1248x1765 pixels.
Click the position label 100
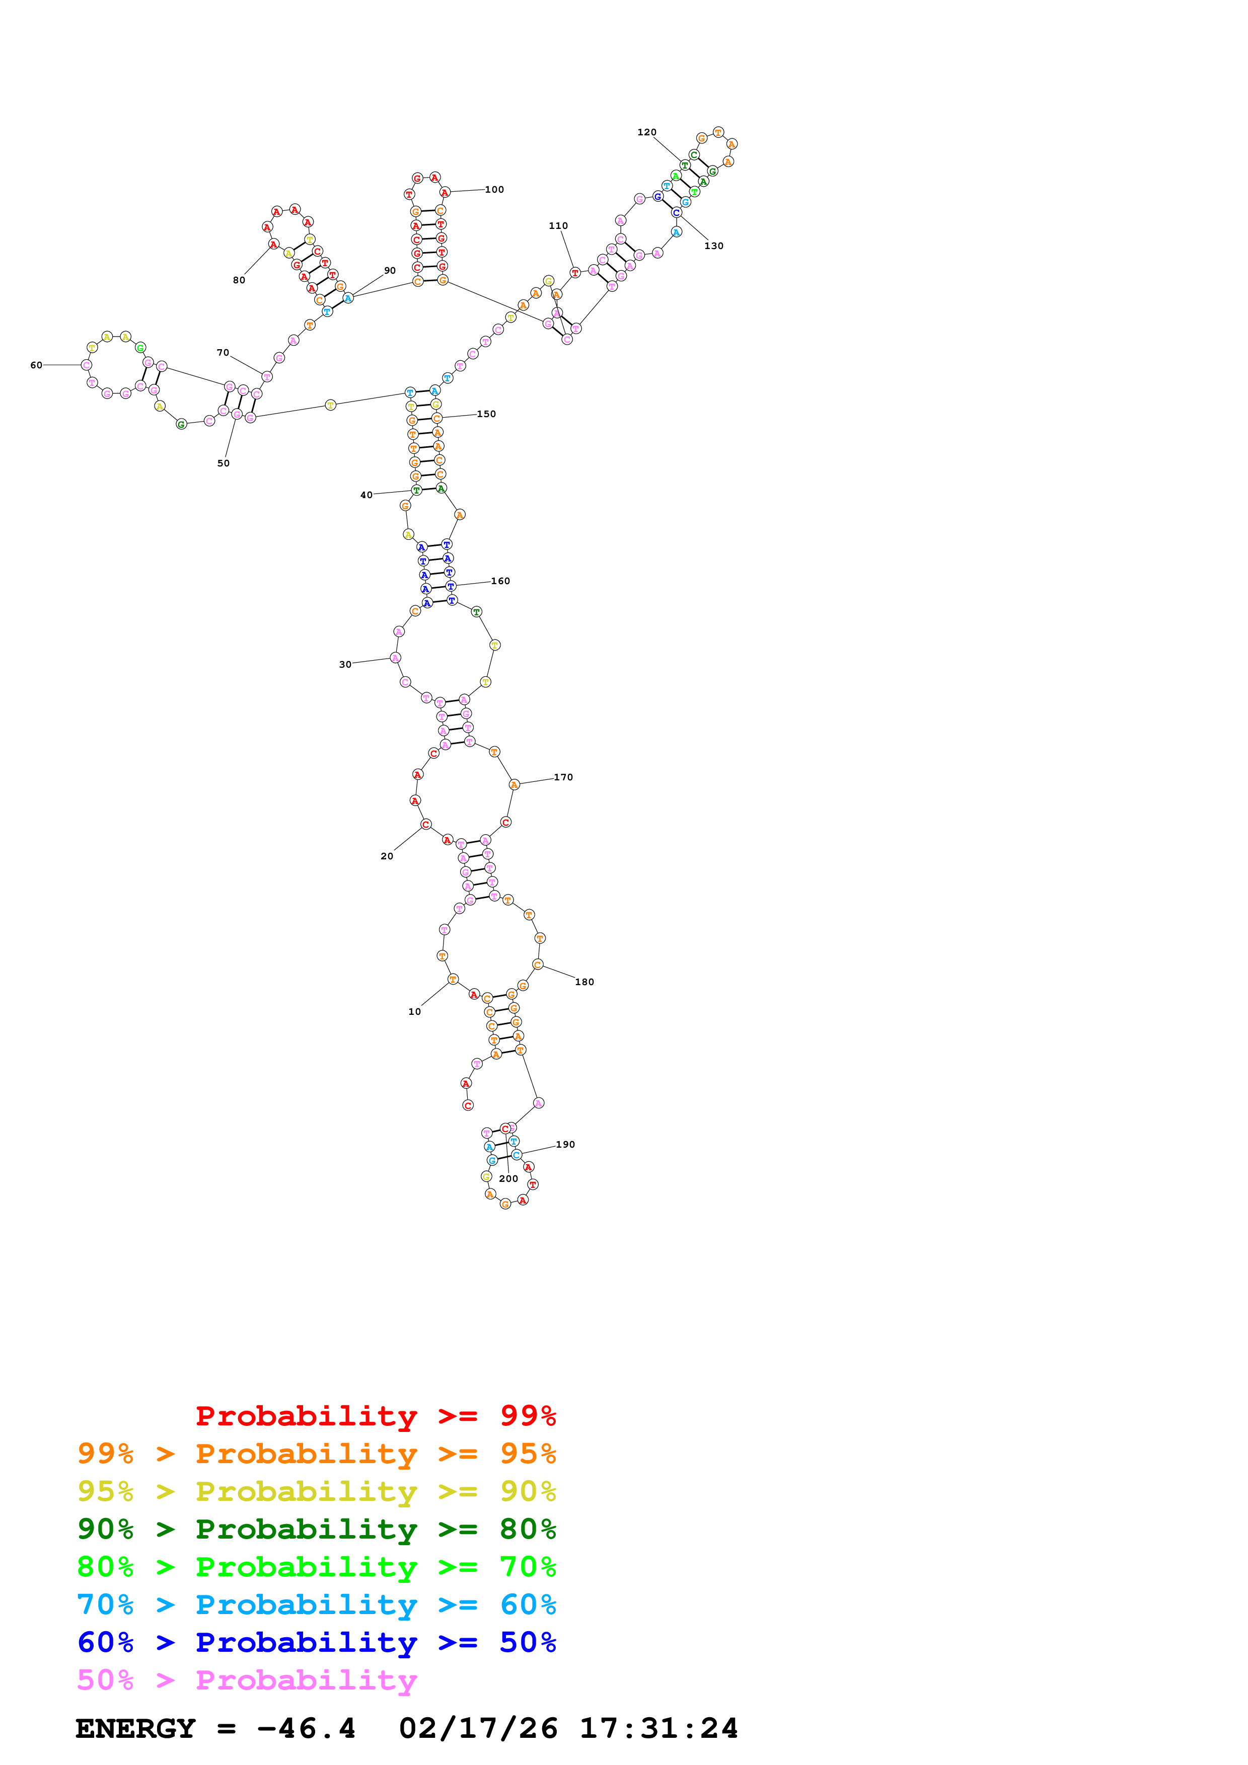coord(494,189)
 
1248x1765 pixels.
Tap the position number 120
coord(647,132)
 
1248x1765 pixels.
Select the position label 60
coord(36,365)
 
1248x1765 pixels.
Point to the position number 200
coord(508,1178)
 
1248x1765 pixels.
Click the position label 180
coord(584,982)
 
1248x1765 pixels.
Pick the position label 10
coord(414,1012)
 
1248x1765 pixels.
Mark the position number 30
coord(345,664)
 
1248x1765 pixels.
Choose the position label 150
coord(486,414)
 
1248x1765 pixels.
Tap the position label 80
coord(239,280)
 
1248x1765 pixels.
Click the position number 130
coord(713,246)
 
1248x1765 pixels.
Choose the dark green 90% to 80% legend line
coord(316,1529)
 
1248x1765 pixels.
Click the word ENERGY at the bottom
coord(135,1728)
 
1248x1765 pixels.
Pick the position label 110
coord(558,226)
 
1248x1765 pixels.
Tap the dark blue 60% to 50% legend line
coord(316,1642)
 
